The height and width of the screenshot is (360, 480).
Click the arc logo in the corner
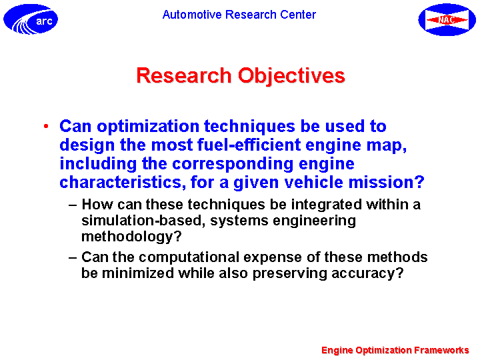tap(31, 19)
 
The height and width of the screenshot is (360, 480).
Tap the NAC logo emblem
tap(447, 19)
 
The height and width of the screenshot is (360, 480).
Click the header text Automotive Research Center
tap(239, 15)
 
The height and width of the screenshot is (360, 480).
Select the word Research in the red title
tap(184, 75)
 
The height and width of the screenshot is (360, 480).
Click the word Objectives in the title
tap(291, 76)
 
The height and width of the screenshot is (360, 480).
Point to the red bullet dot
tap(46, 126)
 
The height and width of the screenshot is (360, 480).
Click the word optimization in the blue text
tap(148, 126)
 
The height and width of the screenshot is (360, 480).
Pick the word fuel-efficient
tap(249, 145)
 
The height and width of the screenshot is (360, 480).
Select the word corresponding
tap(233, 164)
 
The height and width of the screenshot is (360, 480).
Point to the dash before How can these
tap(73, 205)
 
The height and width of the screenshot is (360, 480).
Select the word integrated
tap(326, 205)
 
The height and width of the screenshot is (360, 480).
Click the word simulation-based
tap(143, 221)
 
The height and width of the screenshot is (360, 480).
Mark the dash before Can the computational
tap(73, 258)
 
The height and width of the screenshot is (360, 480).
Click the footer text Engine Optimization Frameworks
tap(395, 350)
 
